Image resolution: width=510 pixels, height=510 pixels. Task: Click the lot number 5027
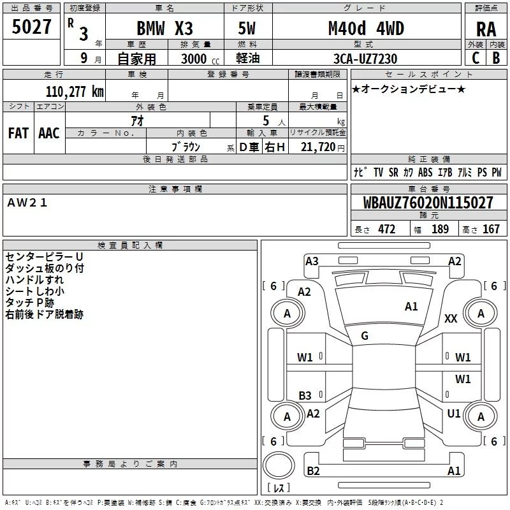click(31, 27)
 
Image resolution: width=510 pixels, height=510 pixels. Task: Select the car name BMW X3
click(164, 28)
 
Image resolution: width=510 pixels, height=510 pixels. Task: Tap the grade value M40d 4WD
click(366, 28)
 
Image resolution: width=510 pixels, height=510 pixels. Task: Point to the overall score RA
click(486, 29)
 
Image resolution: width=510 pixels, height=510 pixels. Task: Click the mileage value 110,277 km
click(75, 92)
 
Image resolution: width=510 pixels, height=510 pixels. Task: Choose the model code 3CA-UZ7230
click(365, 59)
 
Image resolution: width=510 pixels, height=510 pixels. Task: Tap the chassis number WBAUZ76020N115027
click(428, 203)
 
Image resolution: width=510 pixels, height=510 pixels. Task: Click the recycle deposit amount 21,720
click(317, 147)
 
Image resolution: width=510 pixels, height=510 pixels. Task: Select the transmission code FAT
click(18, 133)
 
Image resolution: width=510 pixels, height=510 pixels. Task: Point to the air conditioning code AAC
click(49, 133)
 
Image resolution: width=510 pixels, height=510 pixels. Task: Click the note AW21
click(27, 203)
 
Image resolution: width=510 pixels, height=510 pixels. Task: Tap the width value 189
click(440, 229)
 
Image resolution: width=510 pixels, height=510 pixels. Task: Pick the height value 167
click(491, 229)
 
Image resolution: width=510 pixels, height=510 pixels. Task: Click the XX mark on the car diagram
click(451, 318)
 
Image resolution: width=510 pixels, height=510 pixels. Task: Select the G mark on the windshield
click(365, 336)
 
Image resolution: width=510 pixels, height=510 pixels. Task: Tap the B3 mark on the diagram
click(305, 395)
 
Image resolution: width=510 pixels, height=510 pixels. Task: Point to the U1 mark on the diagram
click(454, 414)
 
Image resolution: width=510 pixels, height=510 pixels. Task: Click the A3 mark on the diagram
click(312, 261)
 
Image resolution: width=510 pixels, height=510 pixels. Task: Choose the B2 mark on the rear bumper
click(313, 470)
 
